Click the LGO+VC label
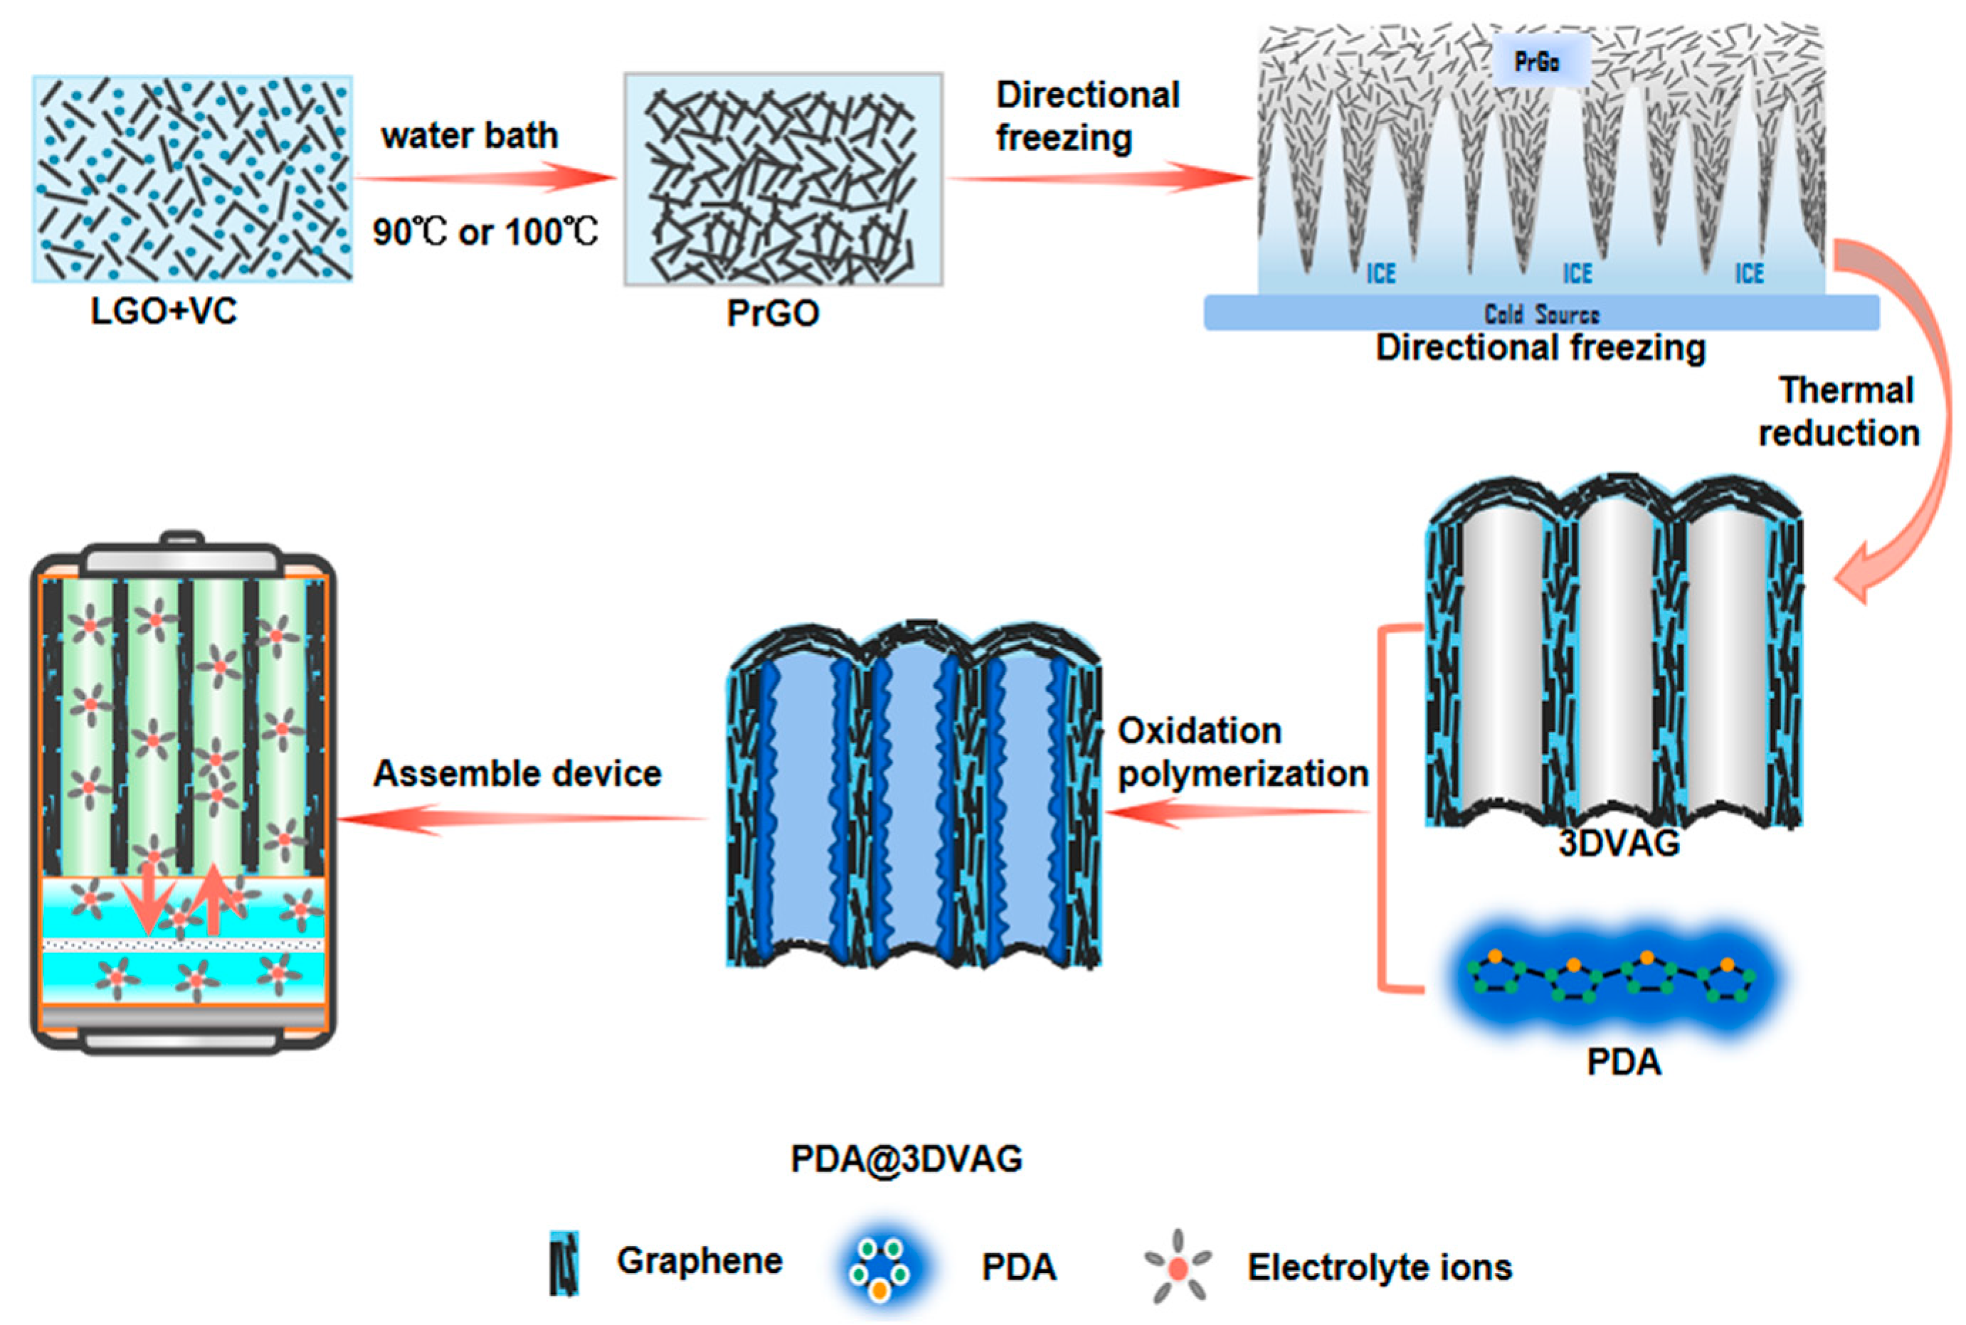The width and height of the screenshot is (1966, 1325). coord(163,312)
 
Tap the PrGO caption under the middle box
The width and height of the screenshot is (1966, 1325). coord(773,314)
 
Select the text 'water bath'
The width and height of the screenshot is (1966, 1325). coord(470,136)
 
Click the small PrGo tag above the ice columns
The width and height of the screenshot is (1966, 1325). coord(1537,62)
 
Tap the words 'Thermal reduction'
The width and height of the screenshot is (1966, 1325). coord(1843,412)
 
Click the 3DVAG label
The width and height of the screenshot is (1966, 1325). coord(1618,844)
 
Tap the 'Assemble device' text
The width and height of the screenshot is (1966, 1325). coord(517,773)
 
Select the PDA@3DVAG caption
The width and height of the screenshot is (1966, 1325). coord(906,1159)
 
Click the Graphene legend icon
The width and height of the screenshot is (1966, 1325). coord(564,1263)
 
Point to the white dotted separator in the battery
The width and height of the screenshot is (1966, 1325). coord(183,944)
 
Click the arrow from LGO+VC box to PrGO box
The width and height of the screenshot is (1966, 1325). coord(485,179)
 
